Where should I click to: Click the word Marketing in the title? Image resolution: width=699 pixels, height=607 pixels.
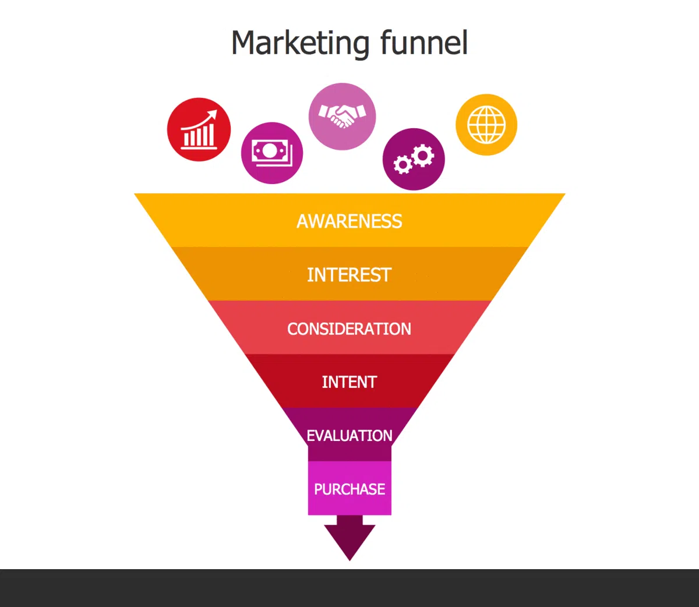click(x=300, y=43)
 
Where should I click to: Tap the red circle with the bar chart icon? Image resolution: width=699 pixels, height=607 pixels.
click(x=199, y=129)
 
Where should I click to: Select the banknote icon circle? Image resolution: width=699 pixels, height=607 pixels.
click(x=272, y=153)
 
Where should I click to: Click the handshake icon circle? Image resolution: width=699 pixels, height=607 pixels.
click(x=342, y=117)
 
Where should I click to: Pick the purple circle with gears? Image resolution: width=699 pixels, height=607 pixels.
click(x=414, y=159)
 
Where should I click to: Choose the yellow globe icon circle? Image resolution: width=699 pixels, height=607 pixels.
click(x=486, y=125)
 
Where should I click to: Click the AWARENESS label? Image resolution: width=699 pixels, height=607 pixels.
click(x=349, y=221)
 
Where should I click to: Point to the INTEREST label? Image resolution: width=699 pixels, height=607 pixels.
click(x=349, y=275)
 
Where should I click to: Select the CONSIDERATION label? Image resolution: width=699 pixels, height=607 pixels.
click(x=349, y=329)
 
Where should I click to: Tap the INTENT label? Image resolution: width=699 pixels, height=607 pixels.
click(x=349, y=382)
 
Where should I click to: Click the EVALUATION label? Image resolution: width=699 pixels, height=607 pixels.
click(x=349, y=436)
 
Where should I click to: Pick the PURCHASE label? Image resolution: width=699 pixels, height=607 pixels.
click(x=349, y=489)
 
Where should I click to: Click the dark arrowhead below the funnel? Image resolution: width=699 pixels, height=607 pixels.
click(x=349, y=539)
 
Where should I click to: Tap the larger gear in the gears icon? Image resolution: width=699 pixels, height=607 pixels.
click(x=422, y=155)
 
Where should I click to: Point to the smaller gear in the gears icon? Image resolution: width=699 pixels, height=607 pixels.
click(x=403, y=164)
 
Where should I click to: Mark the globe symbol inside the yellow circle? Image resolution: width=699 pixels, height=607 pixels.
click(x=486, y=125)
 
